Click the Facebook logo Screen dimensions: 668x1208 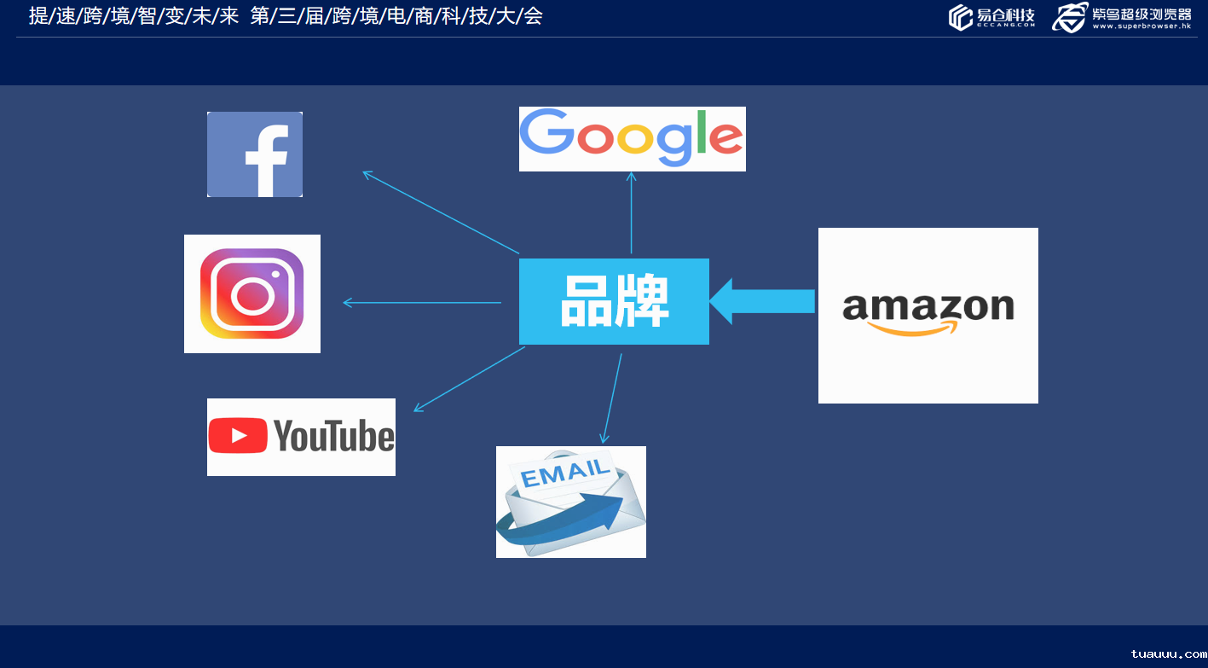(255, 154)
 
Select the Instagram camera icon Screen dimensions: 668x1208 (251, 293)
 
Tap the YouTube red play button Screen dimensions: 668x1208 (238, 436)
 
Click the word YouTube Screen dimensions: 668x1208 (334, 436)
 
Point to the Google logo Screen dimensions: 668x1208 (632, 138)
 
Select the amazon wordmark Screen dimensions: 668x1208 (928, 306)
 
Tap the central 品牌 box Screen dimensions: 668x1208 (614, 301)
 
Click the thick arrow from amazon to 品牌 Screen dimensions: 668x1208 (762, 301)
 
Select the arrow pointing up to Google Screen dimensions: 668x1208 (631, 212)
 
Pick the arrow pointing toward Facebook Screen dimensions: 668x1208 (441, 212)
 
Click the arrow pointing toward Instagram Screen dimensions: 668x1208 (422, 302)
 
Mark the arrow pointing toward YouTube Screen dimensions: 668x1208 (469, 379)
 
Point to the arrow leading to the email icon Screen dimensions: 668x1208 (612, 398)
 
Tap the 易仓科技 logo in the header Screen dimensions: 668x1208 (991, 17)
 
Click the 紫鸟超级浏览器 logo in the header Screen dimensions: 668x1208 (1122, 17)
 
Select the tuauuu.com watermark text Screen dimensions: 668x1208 (1168, 653)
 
